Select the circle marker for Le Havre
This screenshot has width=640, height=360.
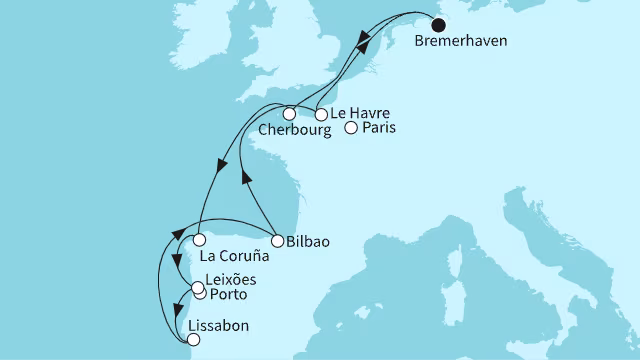pos(321,114)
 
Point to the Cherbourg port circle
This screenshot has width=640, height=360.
pos(288,113)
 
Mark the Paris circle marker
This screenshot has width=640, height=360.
pos(351,127)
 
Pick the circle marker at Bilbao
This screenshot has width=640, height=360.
pos(276,240)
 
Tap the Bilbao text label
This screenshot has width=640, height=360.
pos(308,241)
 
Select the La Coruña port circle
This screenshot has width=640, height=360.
pos(200,240)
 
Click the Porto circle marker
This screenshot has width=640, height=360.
pos(200,294)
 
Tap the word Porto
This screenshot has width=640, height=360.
pos(227,296)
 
